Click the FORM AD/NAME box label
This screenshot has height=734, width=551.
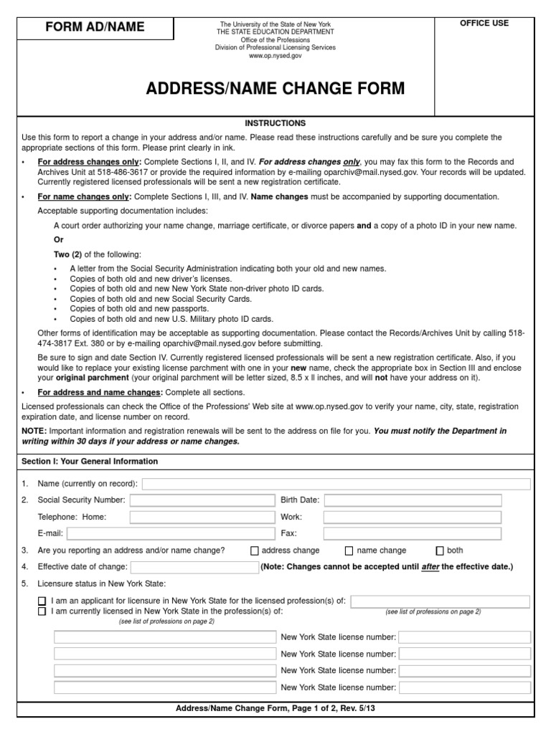(x=95, y=27)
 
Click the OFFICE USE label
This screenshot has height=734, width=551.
(x=484, y=23)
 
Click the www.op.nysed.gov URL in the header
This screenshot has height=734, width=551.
(x=275, y=55)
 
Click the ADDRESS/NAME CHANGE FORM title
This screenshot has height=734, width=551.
(x=275, y=89)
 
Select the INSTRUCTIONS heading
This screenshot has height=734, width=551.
(x=275, y=123)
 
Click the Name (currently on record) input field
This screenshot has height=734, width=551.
(x=336, y=484)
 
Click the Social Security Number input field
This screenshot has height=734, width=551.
(x=202, y=500)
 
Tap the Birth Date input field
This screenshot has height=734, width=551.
(x=413, y=500)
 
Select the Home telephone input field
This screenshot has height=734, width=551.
(x=202, y=517)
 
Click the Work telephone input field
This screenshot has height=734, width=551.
(x=413, y=517)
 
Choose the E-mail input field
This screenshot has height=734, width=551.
(x=171, y=533)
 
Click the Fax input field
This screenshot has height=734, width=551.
(x=413, y=533)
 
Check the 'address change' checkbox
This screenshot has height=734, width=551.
(x=255, y=551)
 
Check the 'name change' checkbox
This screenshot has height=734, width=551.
(x=349, y=551)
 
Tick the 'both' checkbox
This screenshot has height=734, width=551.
(x=440, y=551)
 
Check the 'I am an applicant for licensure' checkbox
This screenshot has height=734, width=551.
(x=42, y=601)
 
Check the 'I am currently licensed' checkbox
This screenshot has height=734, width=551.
(x=42, y=611)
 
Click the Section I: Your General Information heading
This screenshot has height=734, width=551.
(x=90, y=462)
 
